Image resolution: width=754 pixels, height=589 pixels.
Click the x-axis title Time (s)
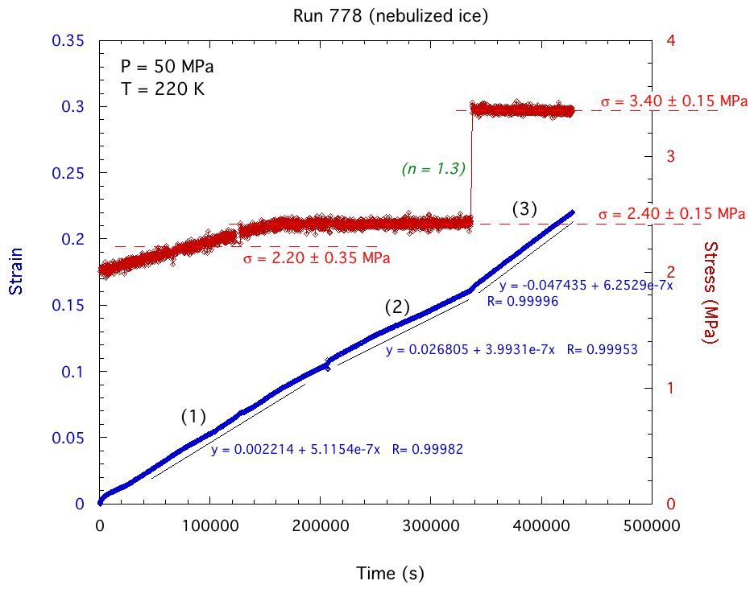390,574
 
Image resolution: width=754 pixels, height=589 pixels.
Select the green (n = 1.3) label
435,169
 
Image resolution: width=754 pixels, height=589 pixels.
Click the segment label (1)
193,417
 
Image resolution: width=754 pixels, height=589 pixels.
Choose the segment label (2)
398,307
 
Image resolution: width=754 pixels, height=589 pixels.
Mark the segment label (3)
525,209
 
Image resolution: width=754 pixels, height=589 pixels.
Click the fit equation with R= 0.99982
336,450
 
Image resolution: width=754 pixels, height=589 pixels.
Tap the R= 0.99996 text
523,302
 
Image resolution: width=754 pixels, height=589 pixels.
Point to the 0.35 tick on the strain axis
68,41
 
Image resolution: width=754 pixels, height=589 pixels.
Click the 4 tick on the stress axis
668,41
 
